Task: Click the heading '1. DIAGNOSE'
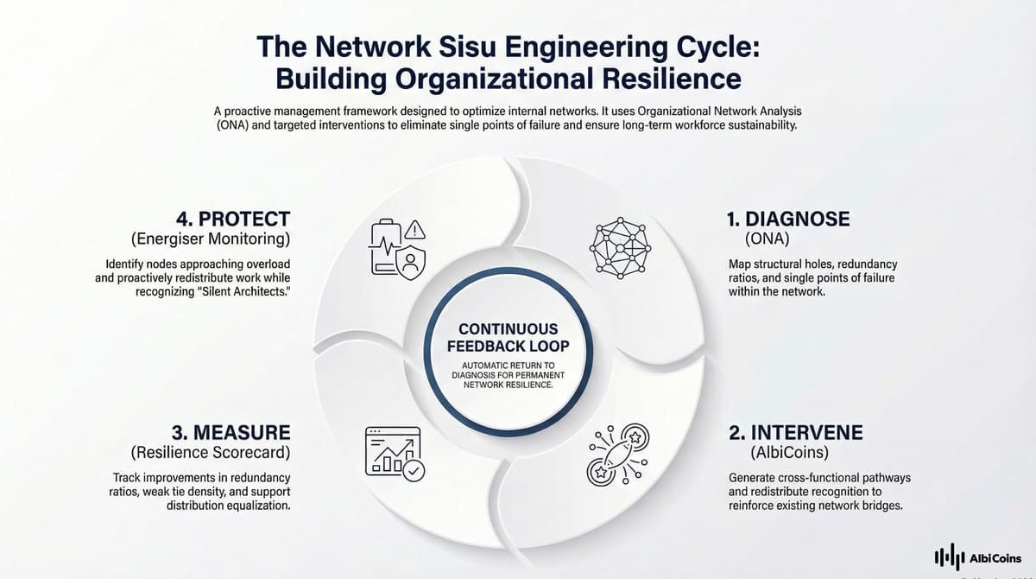coord(787,220)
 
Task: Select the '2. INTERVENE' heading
coord(794,432)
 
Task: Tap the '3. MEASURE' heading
coord(231,432)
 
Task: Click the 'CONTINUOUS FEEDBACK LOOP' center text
coord(509,338)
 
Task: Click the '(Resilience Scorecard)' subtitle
coord(211,452)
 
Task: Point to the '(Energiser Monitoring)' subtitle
coord(211,239)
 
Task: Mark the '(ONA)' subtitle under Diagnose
coord(766,239)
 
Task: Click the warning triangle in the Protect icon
coord(415,230)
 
